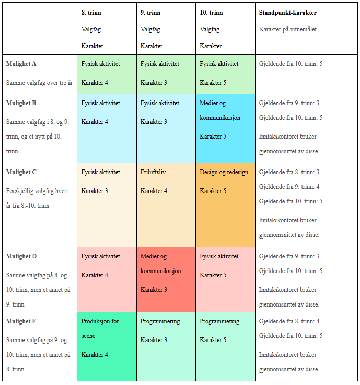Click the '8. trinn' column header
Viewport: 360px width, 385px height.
click(x=91, y=13)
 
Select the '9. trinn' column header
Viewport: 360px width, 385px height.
click(x=150, y=13)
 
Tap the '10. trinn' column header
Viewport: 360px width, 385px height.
click(x=211, y=13)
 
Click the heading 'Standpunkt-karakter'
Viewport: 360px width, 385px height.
click(x=287, y=13)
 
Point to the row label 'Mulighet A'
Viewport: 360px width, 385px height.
click(x=21, y=64)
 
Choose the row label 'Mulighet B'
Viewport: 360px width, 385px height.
click(x=21, y=103)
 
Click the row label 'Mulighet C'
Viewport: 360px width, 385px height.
click(x=21, y=172)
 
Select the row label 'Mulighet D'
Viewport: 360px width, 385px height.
click(x=21, y=256)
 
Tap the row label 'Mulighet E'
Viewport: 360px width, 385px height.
click(x=21, y=321)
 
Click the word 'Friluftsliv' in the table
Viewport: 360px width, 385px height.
click(x=153, y=172)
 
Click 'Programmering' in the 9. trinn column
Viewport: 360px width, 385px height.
click(x=160, y=321)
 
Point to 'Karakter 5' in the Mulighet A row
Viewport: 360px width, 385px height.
click(x=213, y=83)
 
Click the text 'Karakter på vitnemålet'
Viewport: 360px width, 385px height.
click(x=287, y=29)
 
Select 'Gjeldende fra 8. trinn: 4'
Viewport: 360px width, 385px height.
click(x=289, y=321)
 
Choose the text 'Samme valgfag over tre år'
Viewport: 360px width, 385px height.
click(x=40, y=83)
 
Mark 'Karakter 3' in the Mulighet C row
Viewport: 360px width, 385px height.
click(x=95, y=191)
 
